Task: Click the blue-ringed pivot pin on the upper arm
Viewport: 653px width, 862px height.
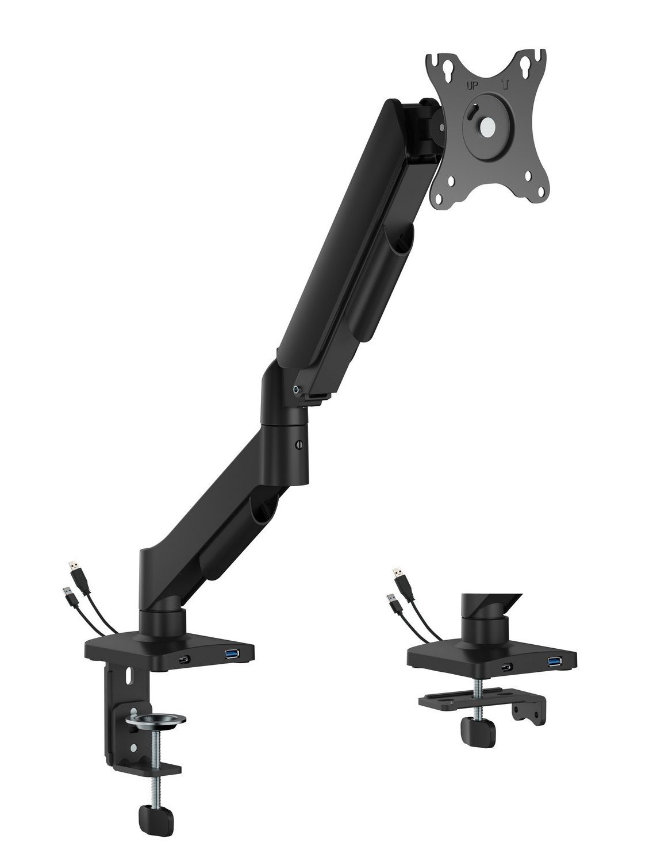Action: pos(296,389)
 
